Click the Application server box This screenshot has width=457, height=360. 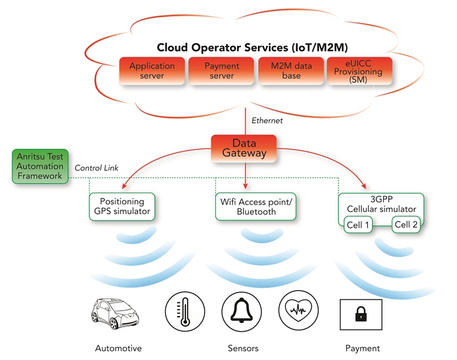152,71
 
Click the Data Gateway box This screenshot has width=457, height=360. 244,148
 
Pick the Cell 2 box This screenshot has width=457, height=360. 406,224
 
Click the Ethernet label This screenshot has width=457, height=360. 267,120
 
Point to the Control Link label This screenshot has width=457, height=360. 96,168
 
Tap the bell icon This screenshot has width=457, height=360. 242,309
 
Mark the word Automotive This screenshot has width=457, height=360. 118,348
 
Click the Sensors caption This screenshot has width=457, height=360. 243,348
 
